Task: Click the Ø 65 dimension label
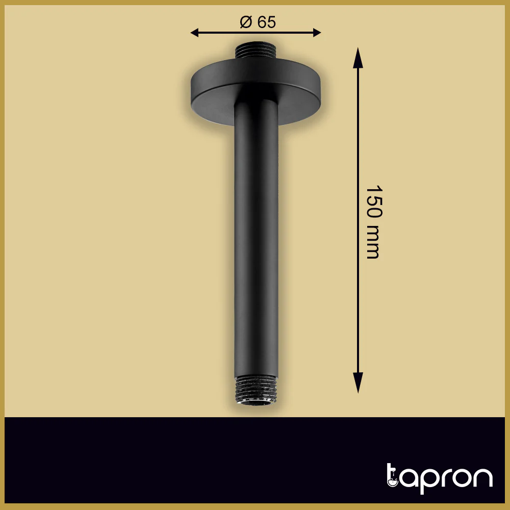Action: (258, 22)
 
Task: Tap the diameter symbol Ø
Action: (246, 22)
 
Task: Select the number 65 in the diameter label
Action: (267, 22)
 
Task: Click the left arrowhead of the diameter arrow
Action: (194, 33)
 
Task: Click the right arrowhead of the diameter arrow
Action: (317, 33)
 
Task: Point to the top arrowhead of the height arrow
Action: (358, 58)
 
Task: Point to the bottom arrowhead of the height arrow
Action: (358, 383)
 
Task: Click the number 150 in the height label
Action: (374, 202)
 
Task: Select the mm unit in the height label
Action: (372, 243)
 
